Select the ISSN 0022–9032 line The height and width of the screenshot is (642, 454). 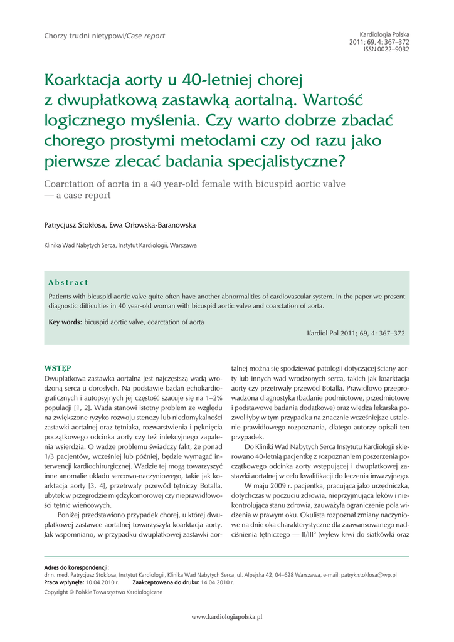386,49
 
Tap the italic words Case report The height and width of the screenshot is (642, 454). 146,36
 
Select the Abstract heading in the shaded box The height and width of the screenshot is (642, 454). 68,283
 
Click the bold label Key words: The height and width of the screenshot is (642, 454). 65,322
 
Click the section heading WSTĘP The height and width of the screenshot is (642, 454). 57,367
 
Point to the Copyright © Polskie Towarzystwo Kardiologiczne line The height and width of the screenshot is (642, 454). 103,592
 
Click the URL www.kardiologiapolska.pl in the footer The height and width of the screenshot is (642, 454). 226,617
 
